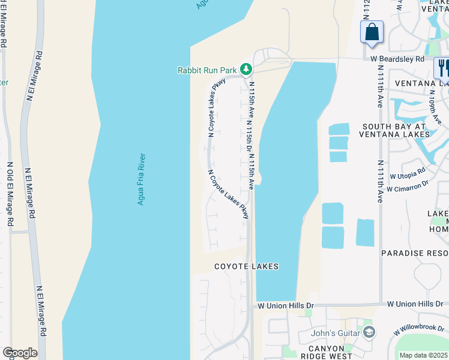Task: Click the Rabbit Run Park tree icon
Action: [246, 70]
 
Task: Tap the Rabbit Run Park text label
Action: [208, 70]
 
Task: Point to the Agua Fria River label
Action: [142, 179]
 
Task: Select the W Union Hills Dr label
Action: [286, 306]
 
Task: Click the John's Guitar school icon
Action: [369, 332]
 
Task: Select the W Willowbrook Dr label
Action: [420, 331]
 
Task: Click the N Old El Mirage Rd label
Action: [10, 193]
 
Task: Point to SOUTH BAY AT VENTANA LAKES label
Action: [394, 131]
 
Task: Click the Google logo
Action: [20, 353]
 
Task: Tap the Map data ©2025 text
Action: [424, 355]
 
